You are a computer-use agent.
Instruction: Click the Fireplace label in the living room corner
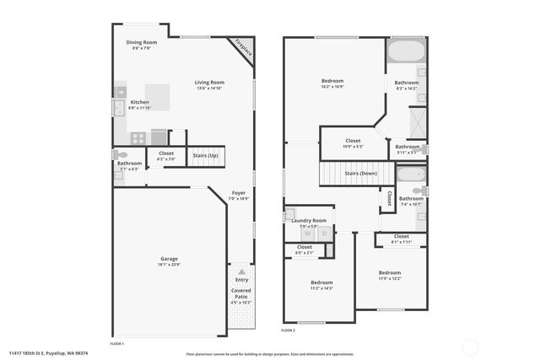(x=245, y=48)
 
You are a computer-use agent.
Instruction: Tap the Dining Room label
(x=142, y=42)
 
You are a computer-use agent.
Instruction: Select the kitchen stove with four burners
(x=136, y=137)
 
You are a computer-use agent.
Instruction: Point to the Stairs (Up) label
(x=206, y=156)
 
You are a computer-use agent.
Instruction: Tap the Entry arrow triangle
(x=241, y=272)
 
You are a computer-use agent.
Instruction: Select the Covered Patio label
(x=241, y=293)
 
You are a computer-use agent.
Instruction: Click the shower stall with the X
(x=417, y=124)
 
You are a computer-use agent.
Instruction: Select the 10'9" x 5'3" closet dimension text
(x=353, y=147)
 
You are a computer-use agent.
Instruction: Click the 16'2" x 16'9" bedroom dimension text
(x=332, y=86)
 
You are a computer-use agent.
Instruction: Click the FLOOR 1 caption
(x=117, y=344)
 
